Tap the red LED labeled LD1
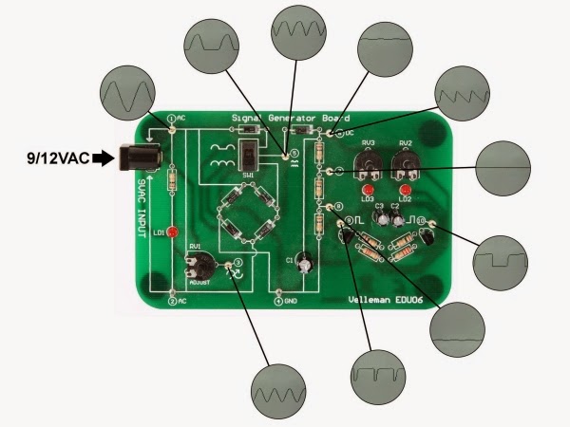tap(173, 232)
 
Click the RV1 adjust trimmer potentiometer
tap(199, 263)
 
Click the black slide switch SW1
tap(250, 156)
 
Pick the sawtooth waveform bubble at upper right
tap(465, 95)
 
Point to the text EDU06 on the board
tap(424, 301)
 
